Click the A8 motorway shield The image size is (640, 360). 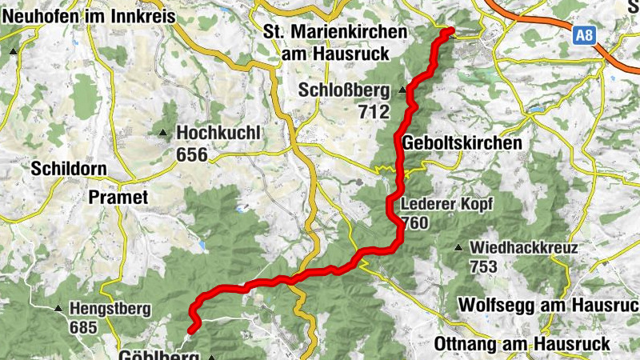tap(585, 34)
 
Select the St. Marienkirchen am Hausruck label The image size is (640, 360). tap(334, 43)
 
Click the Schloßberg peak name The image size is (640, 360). tap(343, 90)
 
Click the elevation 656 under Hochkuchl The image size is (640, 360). tap(192, 154)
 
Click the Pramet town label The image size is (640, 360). tap(118, 197)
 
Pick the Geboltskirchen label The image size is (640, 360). tap(463, 143)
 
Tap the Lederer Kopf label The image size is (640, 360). tap(446, 203)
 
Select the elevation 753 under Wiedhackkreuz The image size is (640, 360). tap(486, 267)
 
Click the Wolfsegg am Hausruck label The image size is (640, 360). tap(548, 305)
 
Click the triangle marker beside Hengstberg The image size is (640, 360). tap(58, 308)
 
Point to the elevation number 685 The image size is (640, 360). tap(83, 327)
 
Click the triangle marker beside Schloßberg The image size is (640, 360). tap(401, 90)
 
